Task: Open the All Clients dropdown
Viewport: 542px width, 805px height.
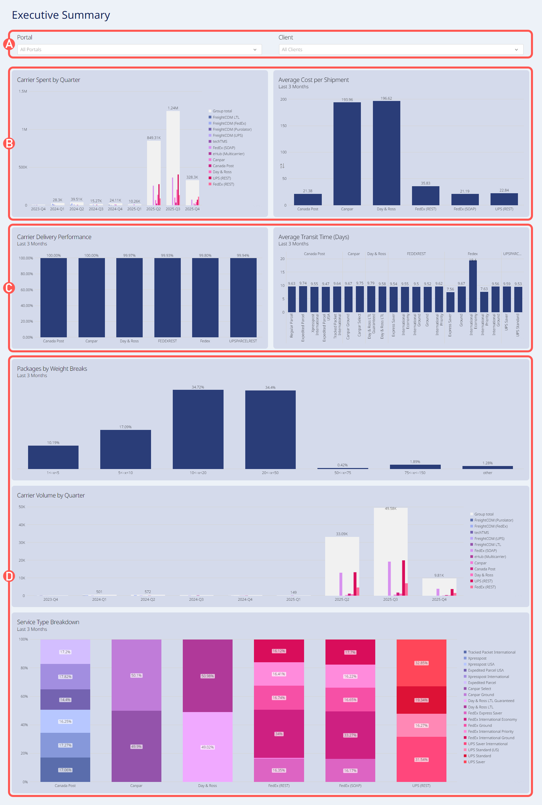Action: (401, 49)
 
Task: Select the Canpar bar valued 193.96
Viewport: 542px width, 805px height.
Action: (347, 153)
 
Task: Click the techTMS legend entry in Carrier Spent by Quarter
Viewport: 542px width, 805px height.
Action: (220, 141)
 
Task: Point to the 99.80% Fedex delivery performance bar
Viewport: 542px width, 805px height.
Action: (205, 298)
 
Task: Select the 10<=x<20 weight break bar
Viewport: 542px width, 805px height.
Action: (198, 429)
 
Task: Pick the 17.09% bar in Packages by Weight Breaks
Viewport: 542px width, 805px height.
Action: (126, 449)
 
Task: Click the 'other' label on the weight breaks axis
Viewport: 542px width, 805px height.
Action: (488, 473)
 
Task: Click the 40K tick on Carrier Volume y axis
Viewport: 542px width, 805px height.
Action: (22, 525)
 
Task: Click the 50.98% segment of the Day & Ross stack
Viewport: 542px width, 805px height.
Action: (208, 676)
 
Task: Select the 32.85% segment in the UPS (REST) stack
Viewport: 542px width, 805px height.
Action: (421, 663)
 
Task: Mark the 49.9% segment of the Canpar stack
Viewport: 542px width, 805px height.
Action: (136, 746)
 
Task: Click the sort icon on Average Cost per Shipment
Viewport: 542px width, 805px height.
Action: (282, 166)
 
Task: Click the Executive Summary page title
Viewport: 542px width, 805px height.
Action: (61, 15)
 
